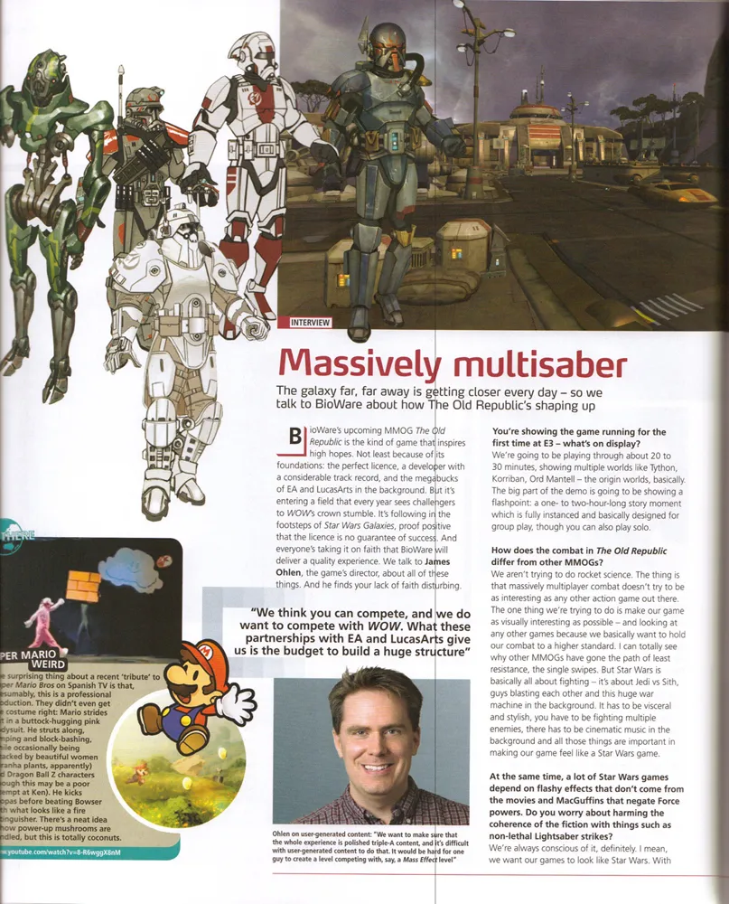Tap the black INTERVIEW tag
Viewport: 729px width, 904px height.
(x=306, y=322)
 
